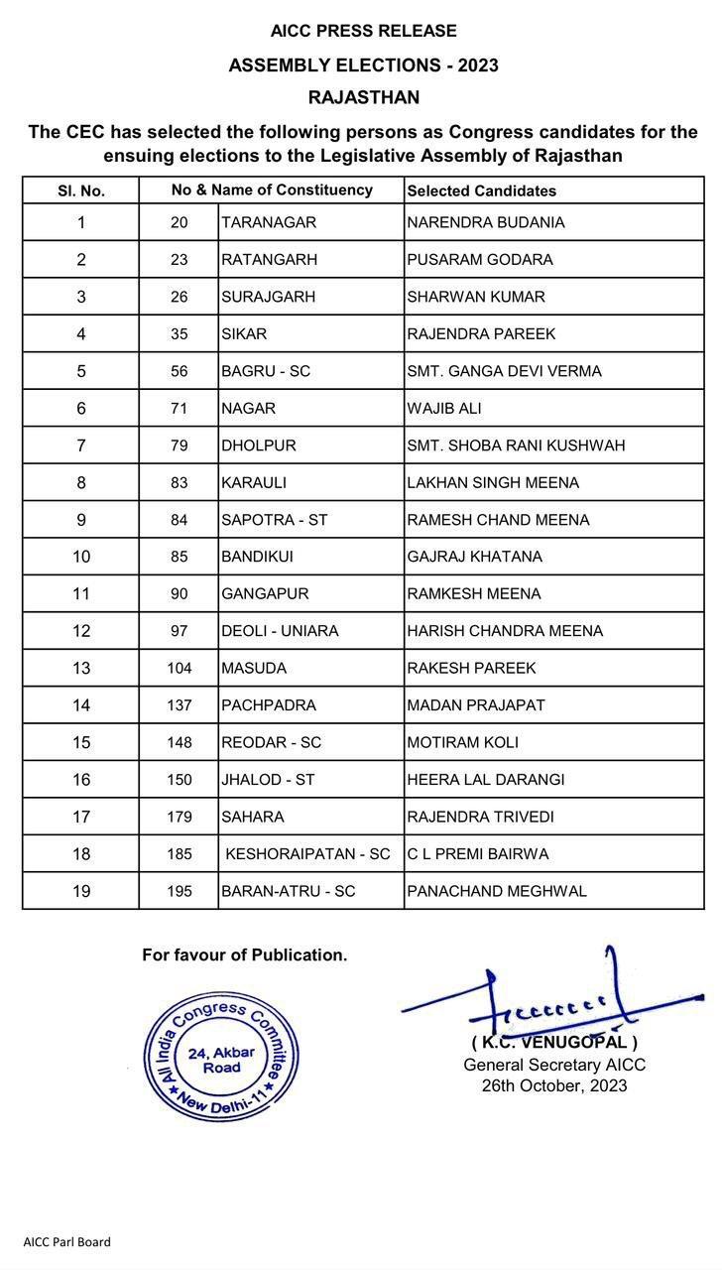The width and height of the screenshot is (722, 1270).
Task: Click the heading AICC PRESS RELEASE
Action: point(363,32)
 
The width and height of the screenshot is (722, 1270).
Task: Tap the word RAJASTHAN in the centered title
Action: point(363,97)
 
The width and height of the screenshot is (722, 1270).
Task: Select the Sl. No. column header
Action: point(80,190)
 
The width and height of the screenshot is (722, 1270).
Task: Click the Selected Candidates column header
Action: point(481,190)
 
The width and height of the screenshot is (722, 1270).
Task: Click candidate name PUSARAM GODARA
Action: point(480,260)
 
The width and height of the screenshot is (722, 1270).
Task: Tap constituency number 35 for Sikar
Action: point(179,334)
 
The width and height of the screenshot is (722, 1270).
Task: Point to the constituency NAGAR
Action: point(248,409)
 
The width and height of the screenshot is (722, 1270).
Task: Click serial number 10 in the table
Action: point(81,557)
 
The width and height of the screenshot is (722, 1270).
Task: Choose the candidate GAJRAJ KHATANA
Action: point(474,557)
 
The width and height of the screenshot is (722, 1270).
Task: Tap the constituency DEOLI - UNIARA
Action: point(280,631)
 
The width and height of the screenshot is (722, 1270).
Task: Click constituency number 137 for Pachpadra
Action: point(179,705)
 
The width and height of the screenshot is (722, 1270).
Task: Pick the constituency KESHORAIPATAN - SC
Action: point(307,854)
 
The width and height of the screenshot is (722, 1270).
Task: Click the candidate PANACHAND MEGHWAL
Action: point(497,891)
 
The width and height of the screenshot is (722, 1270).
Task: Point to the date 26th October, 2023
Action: point(554,1085)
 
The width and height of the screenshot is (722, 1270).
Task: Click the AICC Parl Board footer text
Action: point(67,1241)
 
